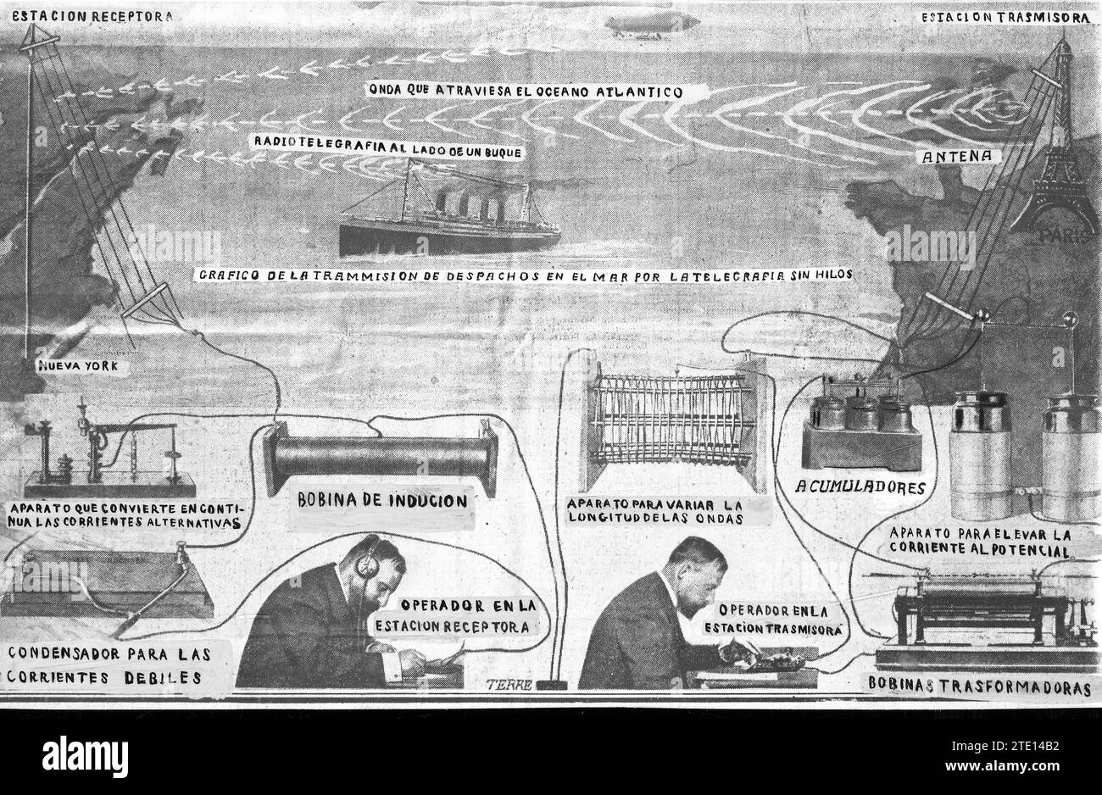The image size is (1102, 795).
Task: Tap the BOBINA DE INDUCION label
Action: tap(381, 500)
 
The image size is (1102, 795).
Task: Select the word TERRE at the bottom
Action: tap(508, 685)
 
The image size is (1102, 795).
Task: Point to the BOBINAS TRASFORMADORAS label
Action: tap(979, 688)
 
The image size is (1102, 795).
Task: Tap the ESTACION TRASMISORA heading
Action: tap(1005, 17)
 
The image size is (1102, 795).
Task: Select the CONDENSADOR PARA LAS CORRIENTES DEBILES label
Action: tap(109, 665)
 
